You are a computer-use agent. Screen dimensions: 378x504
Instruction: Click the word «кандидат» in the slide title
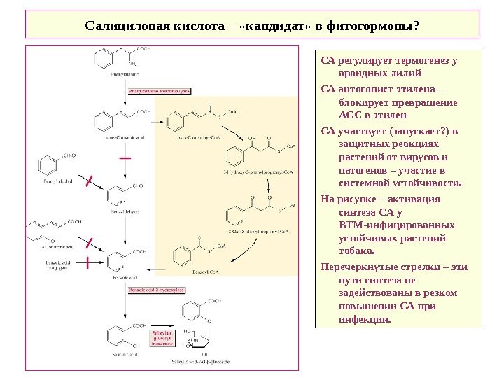tap(270, 26)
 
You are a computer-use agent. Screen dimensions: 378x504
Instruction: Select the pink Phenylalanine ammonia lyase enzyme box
tap(160, 91)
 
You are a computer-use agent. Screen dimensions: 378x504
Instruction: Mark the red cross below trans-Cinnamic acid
tap(125, 159)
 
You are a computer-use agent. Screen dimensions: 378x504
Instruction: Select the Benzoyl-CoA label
tap(190, 270)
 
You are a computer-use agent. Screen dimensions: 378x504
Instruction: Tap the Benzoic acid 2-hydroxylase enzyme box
tap(155, 288)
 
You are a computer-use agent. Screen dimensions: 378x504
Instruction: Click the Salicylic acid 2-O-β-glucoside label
tap(202, 362)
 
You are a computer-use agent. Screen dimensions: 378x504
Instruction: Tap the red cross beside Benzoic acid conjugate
tap(86, 263)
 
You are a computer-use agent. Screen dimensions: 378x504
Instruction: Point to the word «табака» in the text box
tap(357, 251)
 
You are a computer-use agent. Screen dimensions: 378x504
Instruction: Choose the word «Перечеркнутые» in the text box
tap(354, 267)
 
